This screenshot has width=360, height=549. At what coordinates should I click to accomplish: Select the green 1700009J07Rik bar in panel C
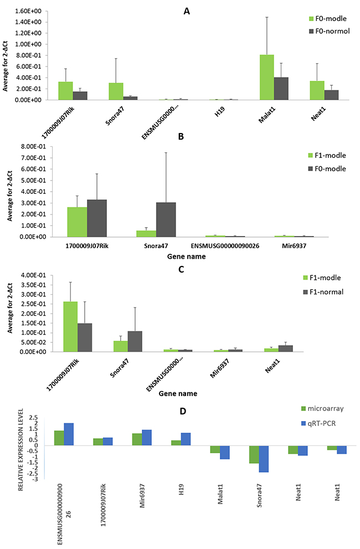(70, 326)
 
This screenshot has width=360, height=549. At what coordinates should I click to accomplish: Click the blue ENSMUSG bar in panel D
(69, 434)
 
